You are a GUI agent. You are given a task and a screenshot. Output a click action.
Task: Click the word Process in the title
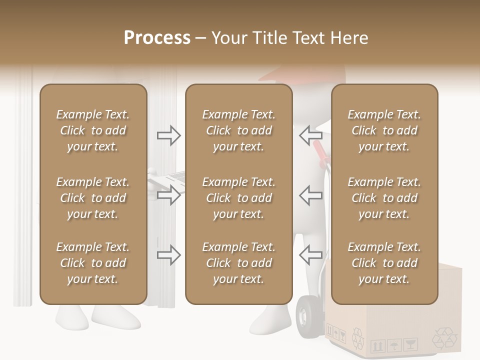[x=157, y=37]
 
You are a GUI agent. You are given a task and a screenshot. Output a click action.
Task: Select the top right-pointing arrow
[x=168, y=135]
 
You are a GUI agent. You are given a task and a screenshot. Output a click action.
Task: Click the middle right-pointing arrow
[x=168, y=195]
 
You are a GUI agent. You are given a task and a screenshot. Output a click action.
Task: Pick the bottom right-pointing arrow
[x=168, y=255]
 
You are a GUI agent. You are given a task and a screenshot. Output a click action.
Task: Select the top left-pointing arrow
[x=310, y=135]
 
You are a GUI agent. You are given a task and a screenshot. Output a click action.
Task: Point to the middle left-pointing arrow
[x=310, y=195]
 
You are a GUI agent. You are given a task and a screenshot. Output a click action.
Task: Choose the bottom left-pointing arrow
[x=310, y=255]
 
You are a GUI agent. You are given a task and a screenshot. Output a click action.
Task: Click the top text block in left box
[x=93, y=130]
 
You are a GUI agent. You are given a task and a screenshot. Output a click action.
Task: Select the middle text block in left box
[x=93, y=198]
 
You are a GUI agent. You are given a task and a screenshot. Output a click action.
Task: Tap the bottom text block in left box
[x=93, y=263]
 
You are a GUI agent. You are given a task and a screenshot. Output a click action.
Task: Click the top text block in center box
[x=238, y=130]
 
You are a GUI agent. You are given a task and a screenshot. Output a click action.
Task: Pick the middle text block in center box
[x=238, y=198]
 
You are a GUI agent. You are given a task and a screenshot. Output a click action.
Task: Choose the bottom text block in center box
[x=238, y=263]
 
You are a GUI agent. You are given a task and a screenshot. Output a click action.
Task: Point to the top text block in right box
[x=384, y=130]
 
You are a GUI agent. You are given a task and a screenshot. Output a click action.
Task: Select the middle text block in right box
[x=384, y=198]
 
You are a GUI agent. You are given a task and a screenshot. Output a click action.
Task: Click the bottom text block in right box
[x=384, y=263]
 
